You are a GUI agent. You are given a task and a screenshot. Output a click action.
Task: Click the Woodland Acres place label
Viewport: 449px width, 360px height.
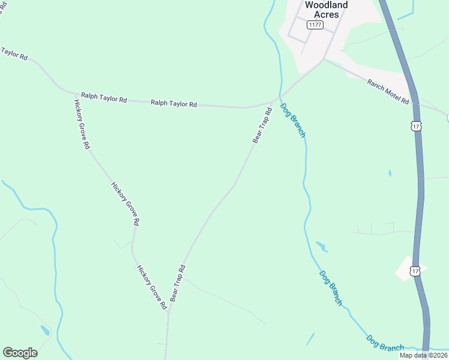[x=326, y=9]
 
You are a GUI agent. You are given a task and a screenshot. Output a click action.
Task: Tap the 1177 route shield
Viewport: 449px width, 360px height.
[x=315, y=25]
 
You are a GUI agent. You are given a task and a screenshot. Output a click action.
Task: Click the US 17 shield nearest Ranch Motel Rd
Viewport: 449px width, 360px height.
[x=416, y=126]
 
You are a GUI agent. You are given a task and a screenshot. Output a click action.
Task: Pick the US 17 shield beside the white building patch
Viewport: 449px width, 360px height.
[x=415, y=271]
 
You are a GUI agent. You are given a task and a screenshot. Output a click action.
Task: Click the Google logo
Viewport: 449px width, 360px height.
[x=20, y=352]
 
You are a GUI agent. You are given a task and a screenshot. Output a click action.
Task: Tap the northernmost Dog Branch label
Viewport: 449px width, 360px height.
[x=293, y=119]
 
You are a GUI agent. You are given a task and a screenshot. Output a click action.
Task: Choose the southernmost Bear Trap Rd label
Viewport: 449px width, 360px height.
[x=178, y=283]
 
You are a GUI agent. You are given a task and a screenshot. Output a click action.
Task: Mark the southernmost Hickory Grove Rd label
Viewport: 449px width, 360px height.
[x=151, y=287]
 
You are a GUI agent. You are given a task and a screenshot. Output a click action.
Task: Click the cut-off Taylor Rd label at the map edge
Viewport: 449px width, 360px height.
[x=13, y=54]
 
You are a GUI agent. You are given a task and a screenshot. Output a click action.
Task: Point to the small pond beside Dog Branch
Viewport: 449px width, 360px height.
[x=321, y=246]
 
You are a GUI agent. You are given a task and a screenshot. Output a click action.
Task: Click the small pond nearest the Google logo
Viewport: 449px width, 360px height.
[x=45, y=330]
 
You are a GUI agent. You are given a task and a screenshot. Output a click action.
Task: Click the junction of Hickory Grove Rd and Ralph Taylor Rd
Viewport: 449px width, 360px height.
[x=74, y=94]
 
